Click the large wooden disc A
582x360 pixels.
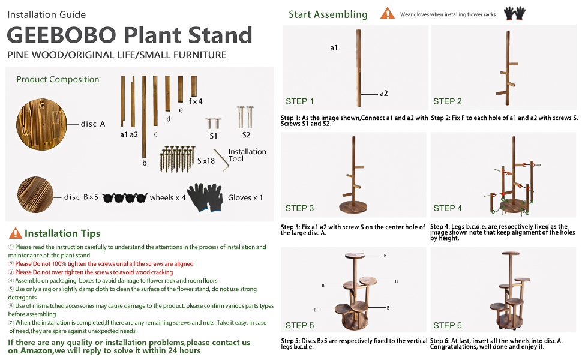point(40,124)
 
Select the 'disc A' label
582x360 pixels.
point(93,124)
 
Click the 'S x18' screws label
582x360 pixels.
point(207,161)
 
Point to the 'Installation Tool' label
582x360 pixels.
point(247,155)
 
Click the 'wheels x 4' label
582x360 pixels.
point(167,197)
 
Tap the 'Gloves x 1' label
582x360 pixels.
point(245,197)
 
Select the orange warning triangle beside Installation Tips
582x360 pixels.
point(15,233)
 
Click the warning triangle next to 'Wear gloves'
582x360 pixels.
point(387,14)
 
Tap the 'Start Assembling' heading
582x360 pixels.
point(328,14)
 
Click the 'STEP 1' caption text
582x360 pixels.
point(299,101)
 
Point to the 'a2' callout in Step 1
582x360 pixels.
point(383,93)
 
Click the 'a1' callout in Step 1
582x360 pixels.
point(334,47)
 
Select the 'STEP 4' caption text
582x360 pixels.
point(447,208)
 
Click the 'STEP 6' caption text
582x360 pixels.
point(447,325)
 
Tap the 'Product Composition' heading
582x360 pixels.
point(58,79)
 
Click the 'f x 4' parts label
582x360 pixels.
point(196,101)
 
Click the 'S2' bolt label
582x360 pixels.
point(246,135)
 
